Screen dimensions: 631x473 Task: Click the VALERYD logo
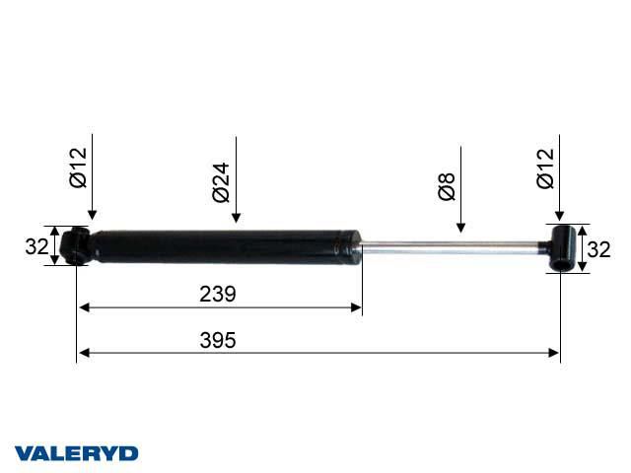click(x=77, y=453)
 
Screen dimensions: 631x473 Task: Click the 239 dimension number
click(x=218, y=294)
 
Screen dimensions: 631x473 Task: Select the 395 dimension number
click(x=218, y=340)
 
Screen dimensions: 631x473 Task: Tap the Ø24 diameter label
click(x=221, y=182)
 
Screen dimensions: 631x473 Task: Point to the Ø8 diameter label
click(x=447, y=186)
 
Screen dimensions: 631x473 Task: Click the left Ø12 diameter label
click(x=78, y=168)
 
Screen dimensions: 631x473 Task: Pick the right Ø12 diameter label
click(x=545, y=169)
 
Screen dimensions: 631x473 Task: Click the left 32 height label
click(x=36, y=246)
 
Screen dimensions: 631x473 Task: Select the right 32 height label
click(x=598, y=249)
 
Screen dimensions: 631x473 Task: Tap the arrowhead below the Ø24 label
click(x=237, y=218)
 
